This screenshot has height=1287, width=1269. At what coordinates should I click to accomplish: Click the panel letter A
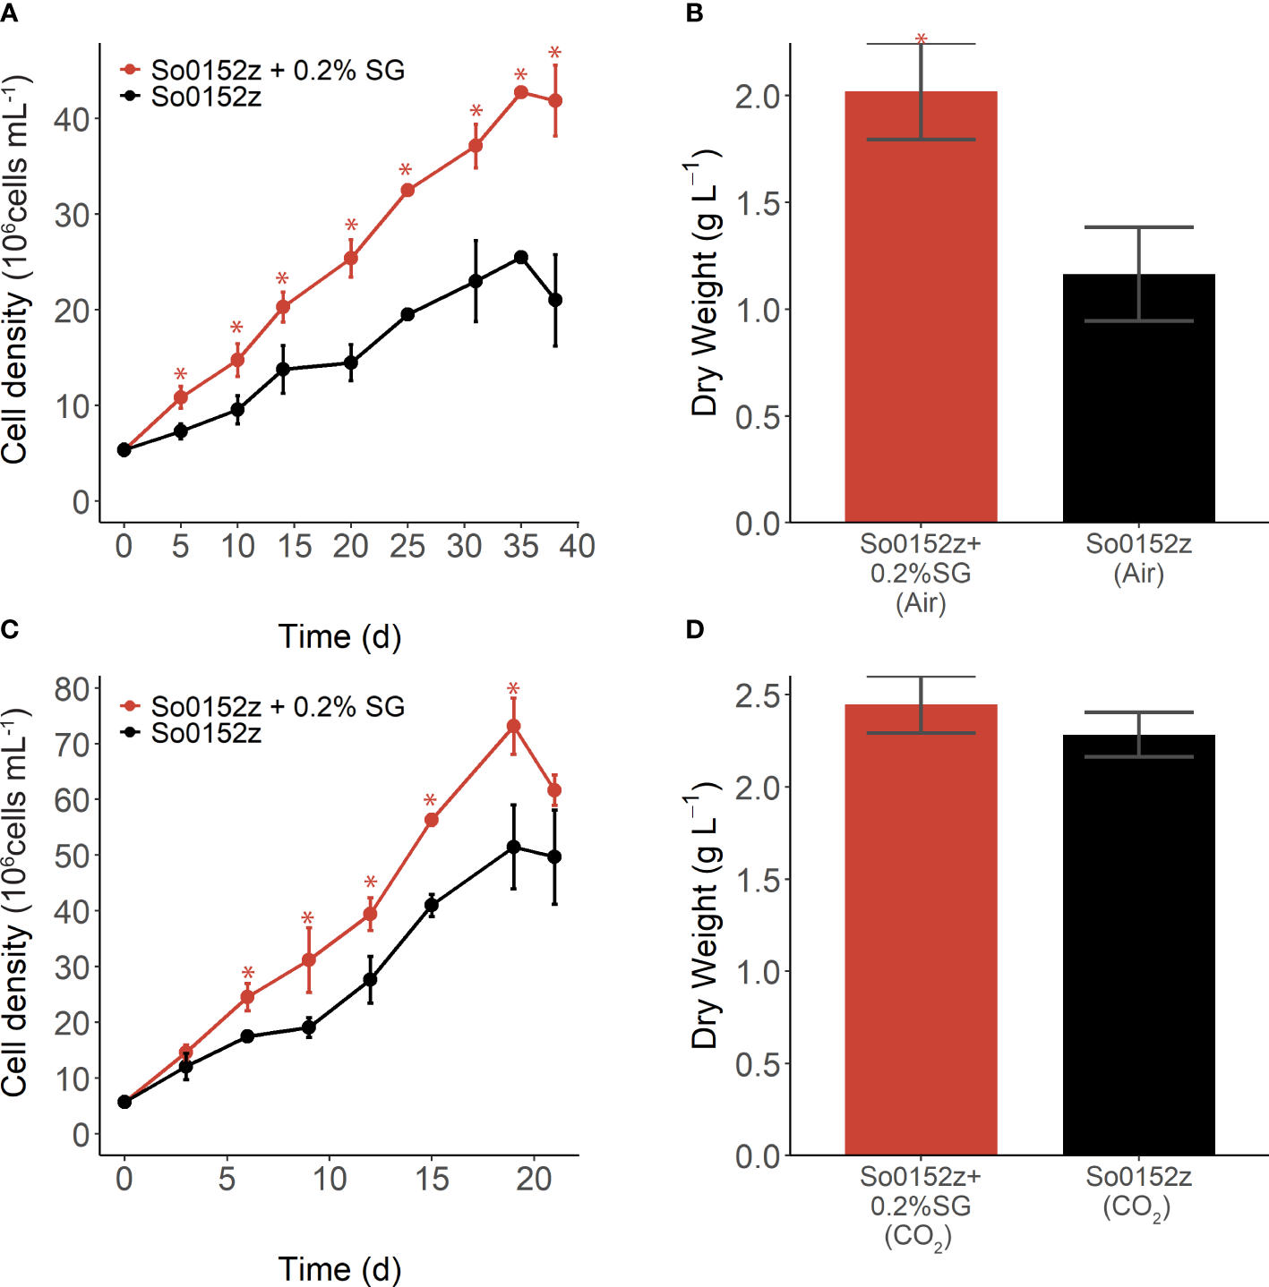click(10, 13)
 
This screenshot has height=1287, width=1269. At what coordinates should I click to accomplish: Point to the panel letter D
click(695, 629)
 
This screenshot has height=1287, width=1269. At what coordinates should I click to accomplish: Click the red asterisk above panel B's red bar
click(921, 40)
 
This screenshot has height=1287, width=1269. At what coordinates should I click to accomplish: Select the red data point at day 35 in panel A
click(520, 92)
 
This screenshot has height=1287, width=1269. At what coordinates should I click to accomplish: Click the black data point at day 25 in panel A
click(407, 314)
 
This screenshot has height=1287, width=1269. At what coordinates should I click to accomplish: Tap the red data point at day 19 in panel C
click(513, 727)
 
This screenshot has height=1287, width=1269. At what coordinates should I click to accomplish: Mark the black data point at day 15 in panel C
click(431, 905)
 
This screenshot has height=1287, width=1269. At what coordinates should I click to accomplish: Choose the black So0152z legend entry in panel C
click(205, 733)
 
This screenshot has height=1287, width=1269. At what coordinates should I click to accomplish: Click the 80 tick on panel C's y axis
click(71, 688)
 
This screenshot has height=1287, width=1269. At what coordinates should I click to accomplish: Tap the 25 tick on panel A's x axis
click(407, 546)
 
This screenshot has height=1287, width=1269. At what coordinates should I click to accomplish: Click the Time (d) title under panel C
click(339, 1268)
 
